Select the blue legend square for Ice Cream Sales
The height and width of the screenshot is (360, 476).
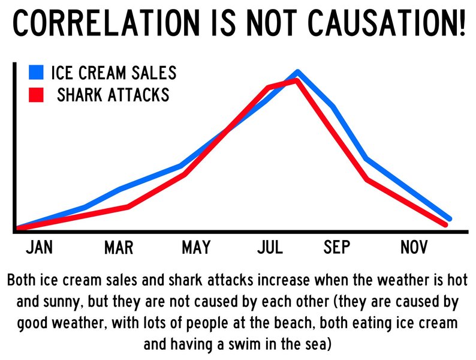pyautogui.click(x=37, y=73)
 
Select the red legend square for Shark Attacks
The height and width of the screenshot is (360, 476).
pyautogui.click(x=37, y=95)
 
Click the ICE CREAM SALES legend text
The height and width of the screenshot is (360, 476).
pyautogui.click(x=114, y=73)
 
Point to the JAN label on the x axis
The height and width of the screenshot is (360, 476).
pyautogui.click(x=40, y=247)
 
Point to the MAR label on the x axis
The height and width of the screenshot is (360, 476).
pyautogui.click(x=119, y=247)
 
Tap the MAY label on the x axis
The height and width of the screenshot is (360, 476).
pyautogui.click(x=195, y=247)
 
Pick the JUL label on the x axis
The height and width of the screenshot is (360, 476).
pyautogui.click(x=270, y=247)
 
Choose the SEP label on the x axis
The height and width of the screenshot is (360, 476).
pyautogui.click(x=337, y=247)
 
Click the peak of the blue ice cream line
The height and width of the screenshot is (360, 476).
pyautogui.click(x=298, y=72)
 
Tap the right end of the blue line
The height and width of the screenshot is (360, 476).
pyautogui.click(x=449, y=218)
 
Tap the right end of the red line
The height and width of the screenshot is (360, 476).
pyautogui.click(x=445, y=224)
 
